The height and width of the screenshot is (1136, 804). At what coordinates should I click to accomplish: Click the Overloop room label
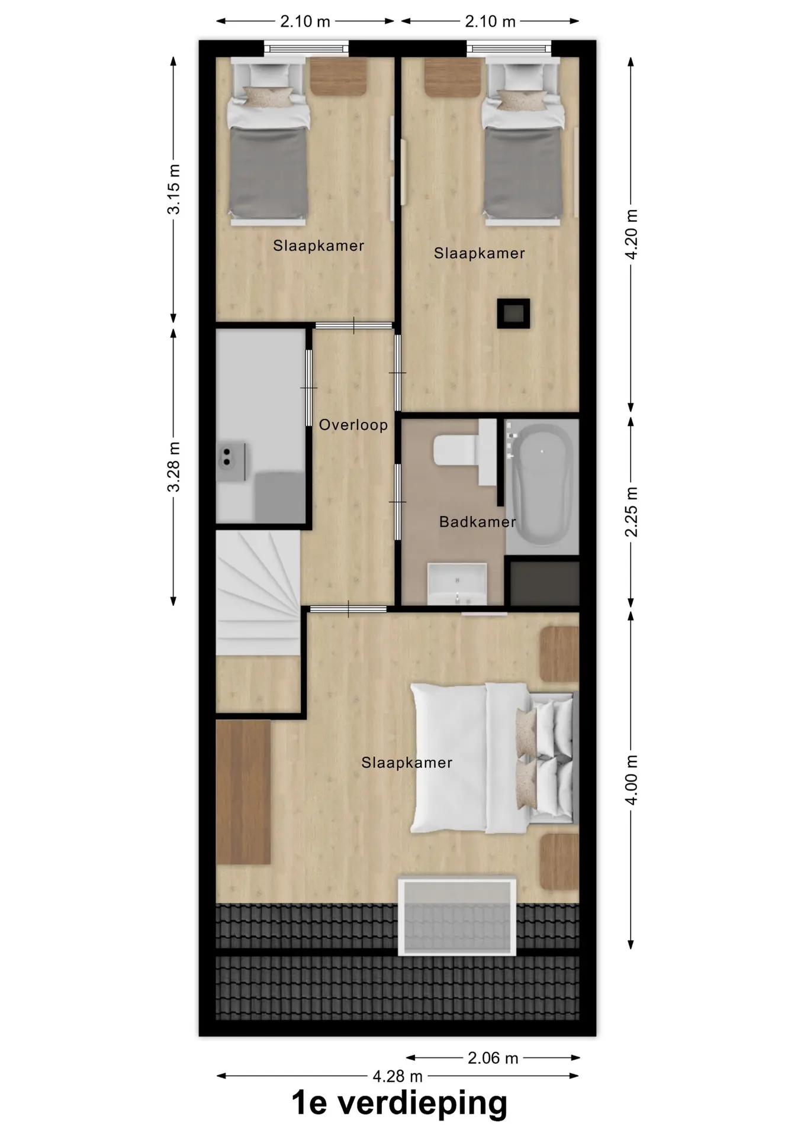(353, 425)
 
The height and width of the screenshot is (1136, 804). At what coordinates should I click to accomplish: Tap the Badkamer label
(477, 522)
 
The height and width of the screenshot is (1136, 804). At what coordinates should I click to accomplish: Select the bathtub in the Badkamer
(542, 487)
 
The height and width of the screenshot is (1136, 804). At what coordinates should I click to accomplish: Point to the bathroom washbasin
(457, 583)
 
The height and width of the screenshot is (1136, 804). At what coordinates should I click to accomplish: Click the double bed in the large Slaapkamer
(492, 759)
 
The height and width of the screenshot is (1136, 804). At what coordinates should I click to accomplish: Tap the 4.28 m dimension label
(397, 1076)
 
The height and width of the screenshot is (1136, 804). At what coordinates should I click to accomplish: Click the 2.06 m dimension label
(493, 1058)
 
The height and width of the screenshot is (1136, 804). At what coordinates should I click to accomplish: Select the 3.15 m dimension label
(173, 189)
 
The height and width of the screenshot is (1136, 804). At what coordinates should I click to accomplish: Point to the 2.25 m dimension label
(631, 512)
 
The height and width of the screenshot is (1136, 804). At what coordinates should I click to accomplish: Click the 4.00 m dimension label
(631, 780)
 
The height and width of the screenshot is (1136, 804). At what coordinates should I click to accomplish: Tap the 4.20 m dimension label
(631, 234)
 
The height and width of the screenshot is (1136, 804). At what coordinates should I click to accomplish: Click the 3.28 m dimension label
(173, 467)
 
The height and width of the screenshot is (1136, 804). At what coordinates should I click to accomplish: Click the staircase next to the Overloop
(258, 592)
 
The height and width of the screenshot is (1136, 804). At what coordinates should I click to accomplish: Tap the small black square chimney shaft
(513, 313)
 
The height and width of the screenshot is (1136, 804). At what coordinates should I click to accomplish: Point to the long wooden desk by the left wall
(243, 792)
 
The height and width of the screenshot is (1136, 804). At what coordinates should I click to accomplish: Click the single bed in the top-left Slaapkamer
(269, 142)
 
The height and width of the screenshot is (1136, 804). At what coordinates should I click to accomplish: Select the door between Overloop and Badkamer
(398, 502)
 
